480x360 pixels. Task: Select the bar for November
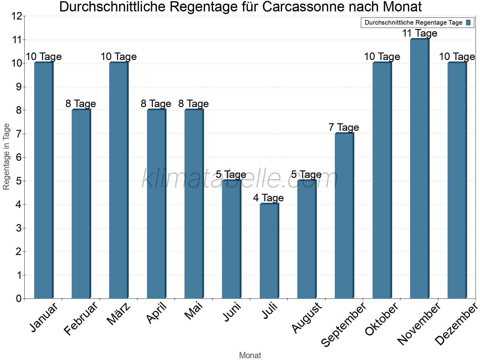pyautogui.click(x=419, y=169)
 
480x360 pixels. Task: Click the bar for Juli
pyautogui.click(x=269, y=251)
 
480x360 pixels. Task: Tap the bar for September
pyautogui.click(x=344, y=216)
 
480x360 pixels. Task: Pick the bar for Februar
pyautogui.click(x=81, y=204)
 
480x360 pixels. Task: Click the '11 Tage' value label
pyautogui.click(x=419, y=33)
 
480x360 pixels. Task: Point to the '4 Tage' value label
pyautogui.click(x=268, y=198)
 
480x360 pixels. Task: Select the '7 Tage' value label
pyautogui.click(x=343, y=127)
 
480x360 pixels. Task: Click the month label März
pyautogui.click(x=119, y=313)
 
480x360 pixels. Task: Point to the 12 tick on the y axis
pyautogui.click(x=17, y=16)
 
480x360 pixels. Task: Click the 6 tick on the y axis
pyautogui.click(x=19, y=157)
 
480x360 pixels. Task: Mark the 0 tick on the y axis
pyautogui.click(x=19, y=298)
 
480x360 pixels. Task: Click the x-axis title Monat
pyautogui.click(x=250, y=355)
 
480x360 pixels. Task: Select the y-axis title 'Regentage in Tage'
pyautogui.click(x=6, y=157)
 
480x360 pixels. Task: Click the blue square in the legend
pyautogui.click(x=468, y=22)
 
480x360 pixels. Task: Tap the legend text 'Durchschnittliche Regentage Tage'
pyautogui.click(x=413, y=22)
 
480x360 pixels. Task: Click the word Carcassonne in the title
pyautogui.click(x=303, y=7)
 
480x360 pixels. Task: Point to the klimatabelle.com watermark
pyautogui.click(x=240, y=179)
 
